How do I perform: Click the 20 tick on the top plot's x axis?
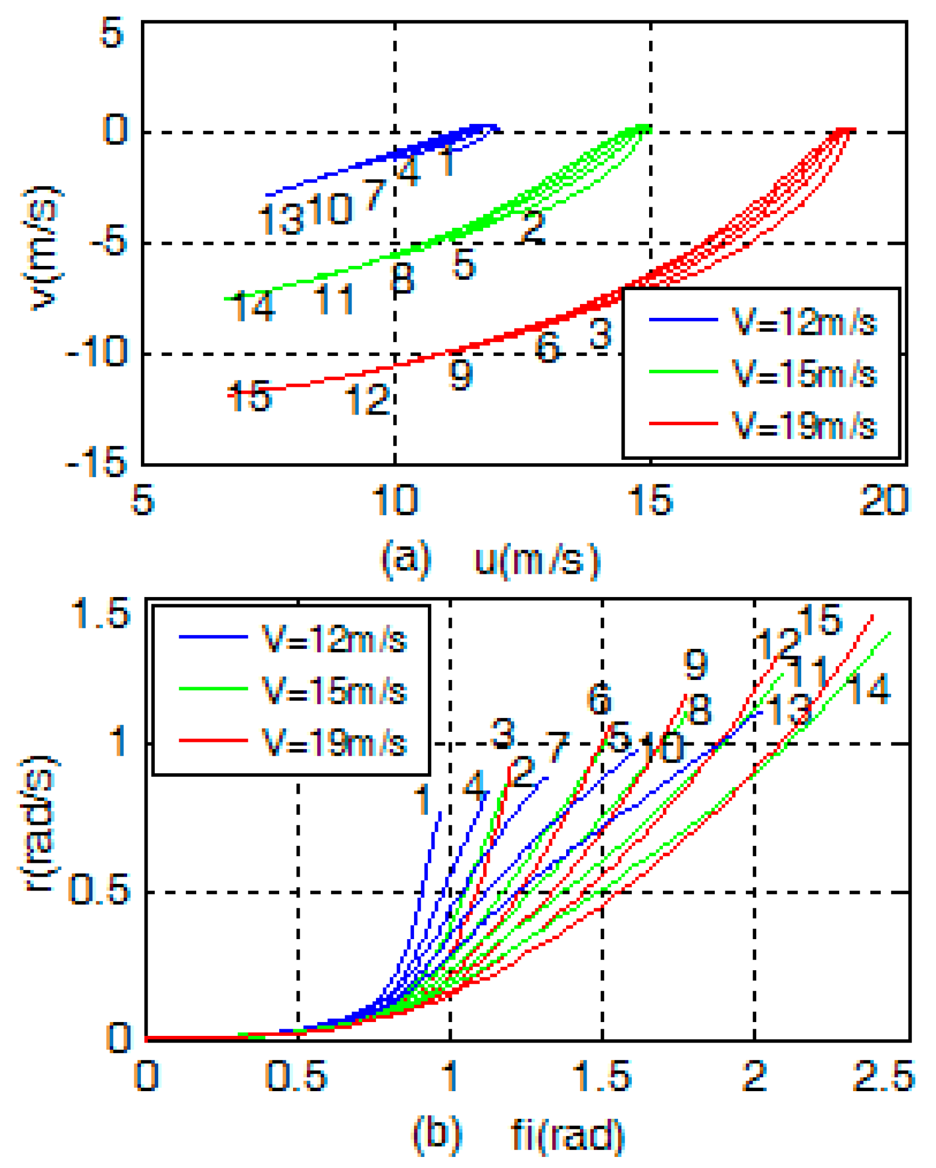(883, 500)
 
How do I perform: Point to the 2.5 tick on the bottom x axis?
(883, 1076)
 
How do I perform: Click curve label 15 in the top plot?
(250, 395)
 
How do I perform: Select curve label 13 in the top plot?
(281, 219)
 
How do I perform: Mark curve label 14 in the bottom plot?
(868, 689)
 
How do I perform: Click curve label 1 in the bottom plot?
(423, 799)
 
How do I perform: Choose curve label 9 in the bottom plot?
(695, 664)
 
